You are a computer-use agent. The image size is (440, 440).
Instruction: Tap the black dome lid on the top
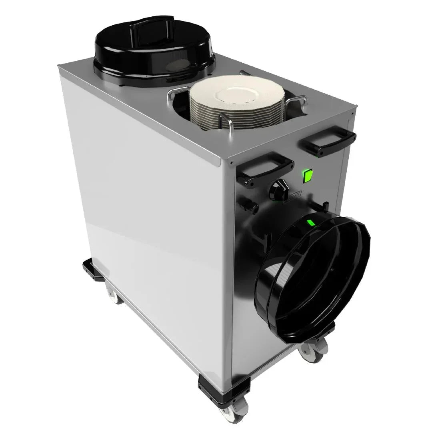tap(154, 50)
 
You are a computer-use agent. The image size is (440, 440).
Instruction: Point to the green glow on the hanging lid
tap(310, 223)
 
